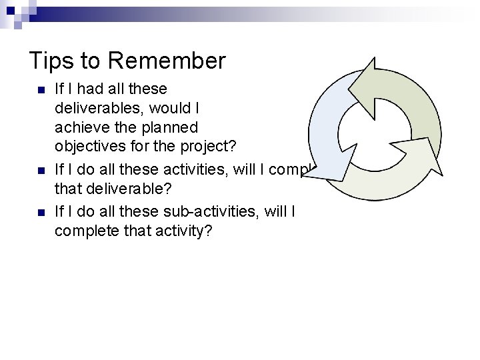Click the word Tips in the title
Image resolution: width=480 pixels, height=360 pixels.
pyautogui.click(x=49, y=61)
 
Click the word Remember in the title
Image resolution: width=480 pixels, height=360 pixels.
pyautogui.click(x=167, y=61)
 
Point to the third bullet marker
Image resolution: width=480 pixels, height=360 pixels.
pyautogui.click(x=41, y=213)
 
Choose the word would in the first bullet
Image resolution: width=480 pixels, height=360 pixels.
pyautogui.click(x=175, y=108)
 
